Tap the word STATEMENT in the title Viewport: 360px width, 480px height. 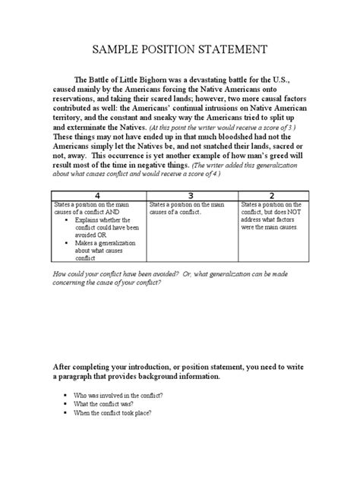click(x=231, y=50)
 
